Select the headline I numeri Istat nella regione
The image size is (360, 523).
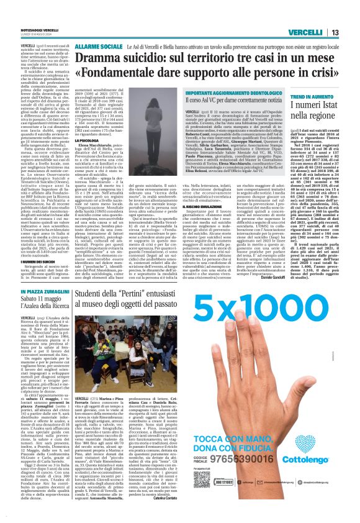pos(317,112)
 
